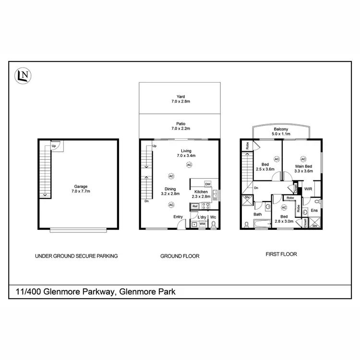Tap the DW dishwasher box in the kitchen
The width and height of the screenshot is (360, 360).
(208, 184)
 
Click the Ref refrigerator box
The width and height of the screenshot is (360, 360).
(195, 206)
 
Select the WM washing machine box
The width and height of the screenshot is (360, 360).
(202, 224)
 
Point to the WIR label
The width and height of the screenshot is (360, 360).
(308, 189)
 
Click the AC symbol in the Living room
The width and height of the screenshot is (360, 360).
(189, 165)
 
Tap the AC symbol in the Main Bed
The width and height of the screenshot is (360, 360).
(303, 159)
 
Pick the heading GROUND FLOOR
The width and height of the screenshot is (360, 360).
(180, 256)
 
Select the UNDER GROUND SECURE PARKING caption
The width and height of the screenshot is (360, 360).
(76, 256)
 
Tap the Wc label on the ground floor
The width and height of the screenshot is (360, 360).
(213, 217)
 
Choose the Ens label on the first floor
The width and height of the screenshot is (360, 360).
(315, 210)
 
